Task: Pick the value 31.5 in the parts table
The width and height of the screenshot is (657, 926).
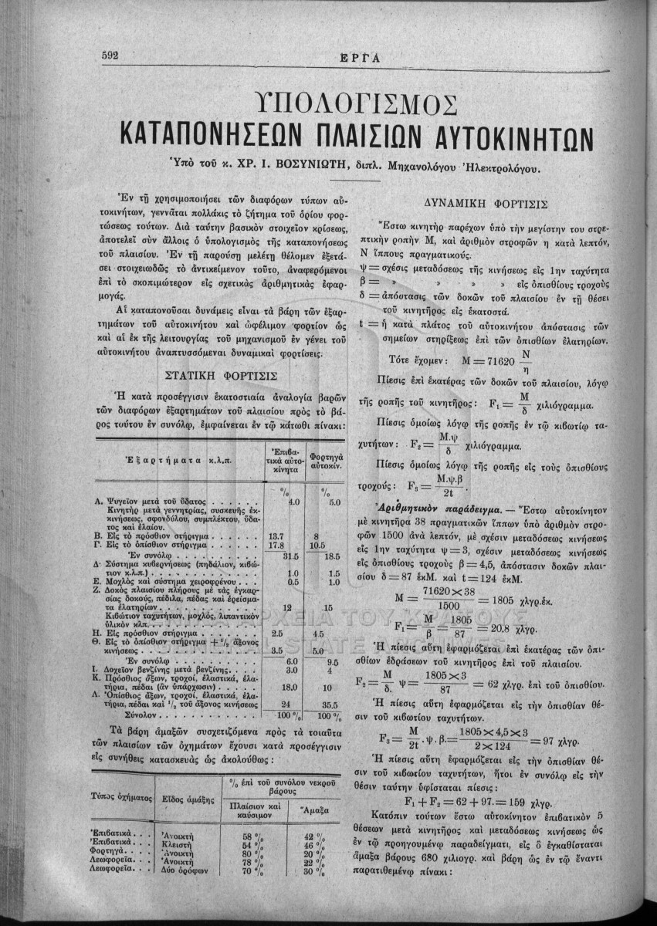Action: (x=290, y=555)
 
